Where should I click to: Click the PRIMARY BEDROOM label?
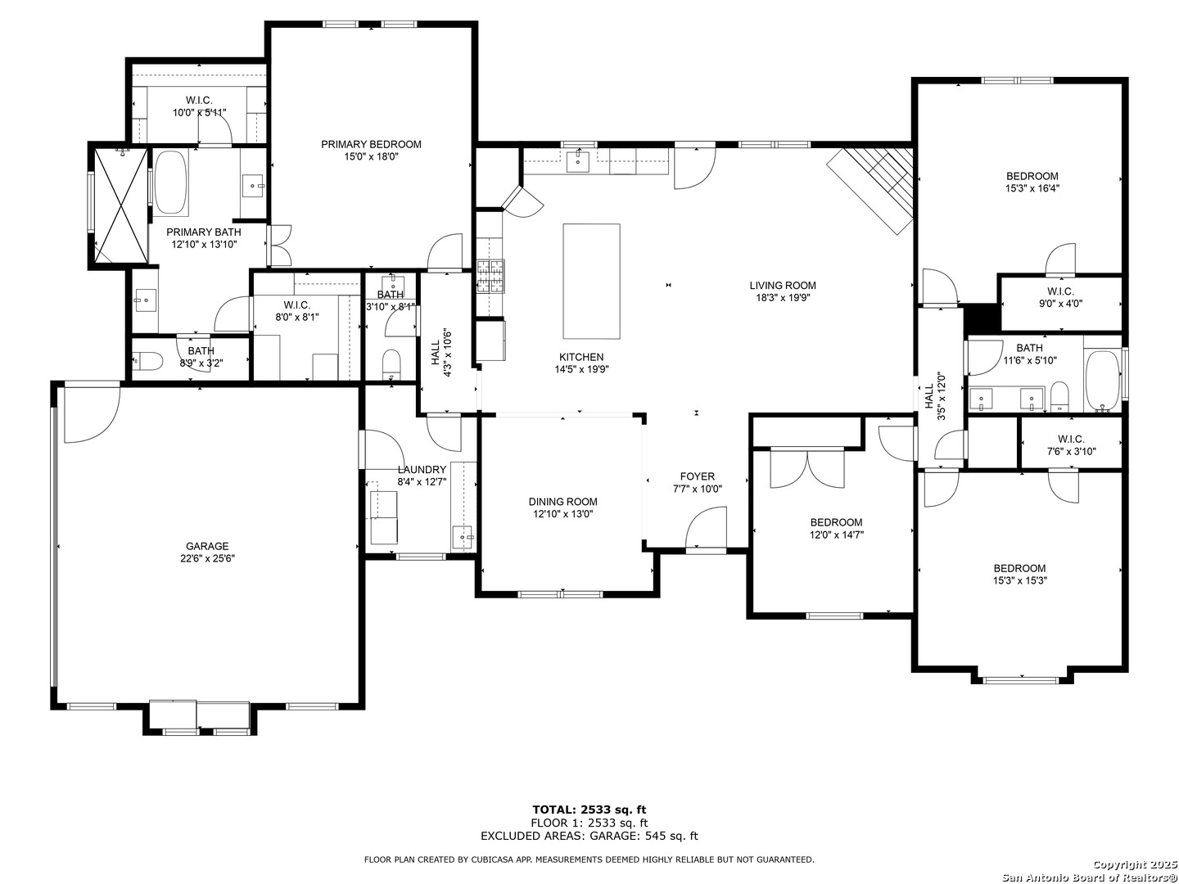pyautogui.click(x=371, y=144)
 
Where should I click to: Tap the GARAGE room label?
pyautogui.click(x=207, y=546)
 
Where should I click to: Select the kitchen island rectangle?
pyautogui.click(x=591, y=282)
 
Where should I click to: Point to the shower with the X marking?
pyautogui.click(x=121, y=206)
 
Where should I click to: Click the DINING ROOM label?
pyautogui.click(x=563, y=502)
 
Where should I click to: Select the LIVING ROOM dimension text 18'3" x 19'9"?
pyautogui.click(x=783, y=298)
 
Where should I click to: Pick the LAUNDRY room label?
pyautogui.click(x=422, y=470)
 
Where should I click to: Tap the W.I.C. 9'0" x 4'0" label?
pyautogui.click(x=1060, y=297)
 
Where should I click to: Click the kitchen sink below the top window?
pyautogui.click(x=577, y=161)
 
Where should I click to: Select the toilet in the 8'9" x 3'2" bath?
pyautogui.click(x=147, y=362)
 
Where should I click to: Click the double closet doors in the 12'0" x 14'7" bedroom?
pyautogui.click(x=807, y=468)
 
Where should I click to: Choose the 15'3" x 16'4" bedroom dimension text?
pyautogui.click(x=1032, y=188)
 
